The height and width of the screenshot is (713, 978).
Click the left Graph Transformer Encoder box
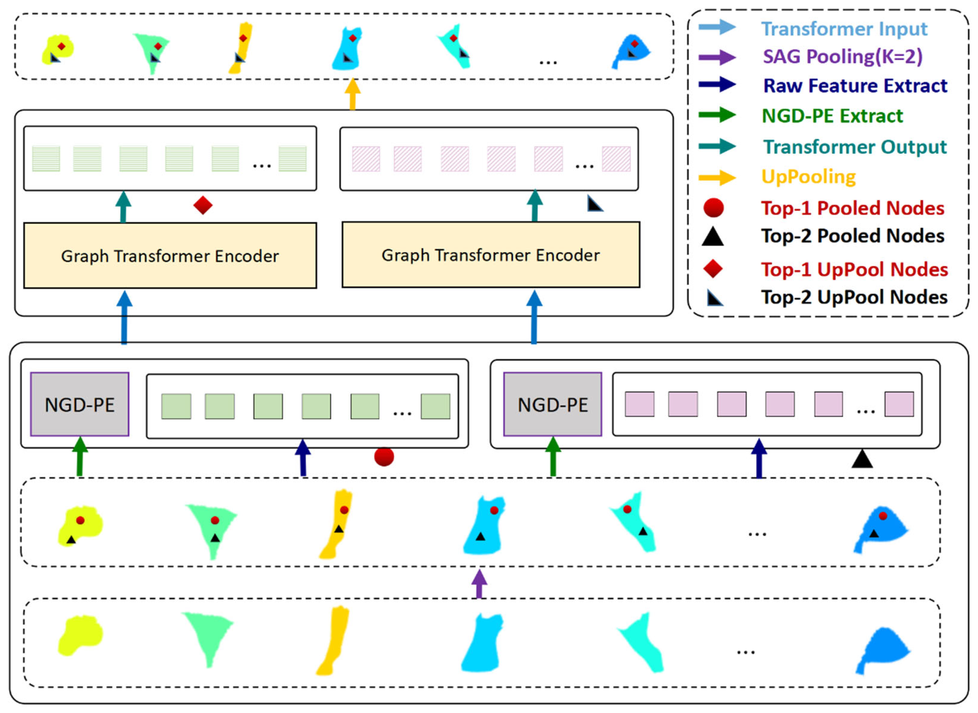pyautogui.click(x=170, y=256)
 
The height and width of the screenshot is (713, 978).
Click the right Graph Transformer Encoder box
pyautogui.click(x=490, y=255)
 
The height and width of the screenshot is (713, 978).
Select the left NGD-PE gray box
pyautogui.click(x=80, y=404)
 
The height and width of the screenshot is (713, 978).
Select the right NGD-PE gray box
pyautogui.click(x=552, y=404)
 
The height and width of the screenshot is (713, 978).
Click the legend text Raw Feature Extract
pyautogui.click(x=855, y=85)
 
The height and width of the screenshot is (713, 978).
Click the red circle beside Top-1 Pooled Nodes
pyautogui.click(x=713, y=208)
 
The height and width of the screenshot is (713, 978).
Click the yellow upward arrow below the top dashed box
pyautogui.click(x=352, y=94)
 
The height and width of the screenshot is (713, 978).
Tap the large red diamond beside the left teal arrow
pyautogui.click(x=203, y=205)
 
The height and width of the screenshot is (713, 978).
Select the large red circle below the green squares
pyautogui.click(x=384, y=457)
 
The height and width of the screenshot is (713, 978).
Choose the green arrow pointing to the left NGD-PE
pyautogui.click(x=80, y=457)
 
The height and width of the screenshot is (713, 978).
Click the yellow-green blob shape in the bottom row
pyautogui.click(x=80, y=635)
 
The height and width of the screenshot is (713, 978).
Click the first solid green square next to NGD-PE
pyautogui.click(x=176, y=406)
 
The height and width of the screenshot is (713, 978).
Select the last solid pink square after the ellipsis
pyautogui.click(x=899, y=404)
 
